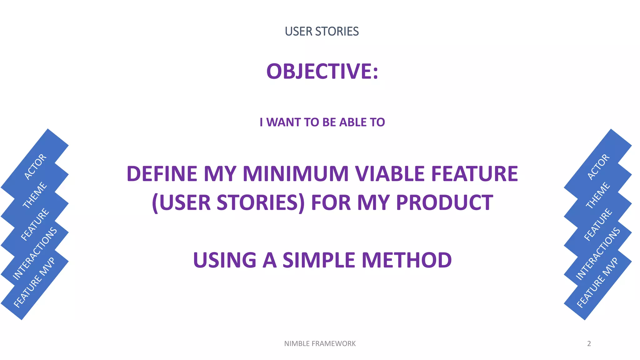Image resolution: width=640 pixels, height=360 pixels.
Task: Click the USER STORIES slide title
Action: coord(322,32)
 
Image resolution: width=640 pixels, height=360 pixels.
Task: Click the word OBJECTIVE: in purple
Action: coord(322,71)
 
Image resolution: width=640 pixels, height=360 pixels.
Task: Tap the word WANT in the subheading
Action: coord(283,122)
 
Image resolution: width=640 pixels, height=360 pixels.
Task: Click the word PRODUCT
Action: coord(444,202)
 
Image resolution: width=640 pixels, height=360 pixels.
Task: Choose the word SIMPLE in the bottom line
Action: coord(319,260)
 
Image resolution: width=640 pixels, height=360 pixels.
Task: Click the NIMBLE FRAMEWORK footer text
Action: coord(320,344)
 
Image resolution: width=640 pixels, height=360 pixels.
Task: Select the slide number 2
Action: coord(589,344)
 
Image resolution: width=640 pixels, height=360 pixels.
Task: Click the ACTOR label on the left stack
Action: coord(35,167)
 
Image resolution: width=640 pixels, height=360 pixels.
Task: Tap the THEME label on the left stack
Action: coord(35,195)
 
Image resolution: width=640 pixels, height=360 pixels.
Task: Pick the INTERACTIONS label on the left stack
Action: coord(35,253)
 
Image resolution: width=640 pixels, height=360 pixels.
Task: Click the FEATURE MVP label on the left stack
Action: coord(34,282)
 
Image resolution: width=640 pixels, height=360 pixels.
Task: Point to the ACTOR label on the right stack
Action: coord(598,167)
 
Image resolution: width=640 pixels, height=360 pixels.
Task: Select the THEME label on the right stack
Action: coord(597,195)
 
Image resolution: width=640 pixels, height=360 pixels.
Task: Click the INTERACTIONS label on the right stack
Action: coord(597,253)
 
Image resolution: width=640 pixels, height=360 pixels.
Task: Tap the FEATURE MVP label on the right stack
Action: coord(597,282)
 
